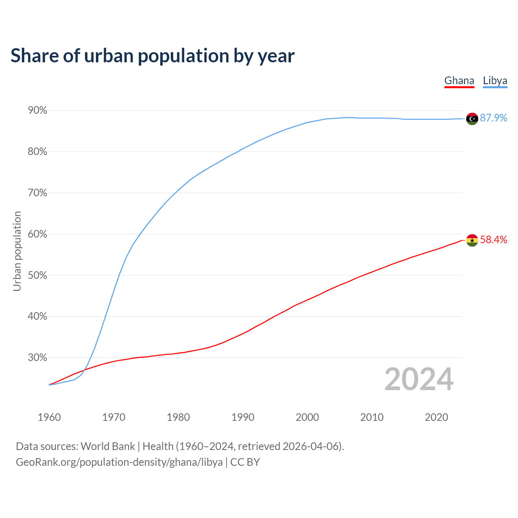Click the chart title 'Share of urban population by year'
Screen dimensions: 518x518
153,56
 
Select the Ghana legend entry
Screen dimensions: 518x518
459,81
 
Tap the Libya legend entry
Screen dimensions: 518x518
495,81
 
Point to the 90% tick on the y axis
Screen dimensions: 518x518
37,110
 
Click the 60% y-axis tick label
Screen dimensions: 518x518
37,234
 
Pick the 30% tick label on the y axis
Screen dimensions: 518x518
37,358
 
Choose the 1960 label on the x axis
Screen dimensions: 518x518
49,417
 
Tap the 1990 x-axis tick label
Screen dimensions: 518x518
243,417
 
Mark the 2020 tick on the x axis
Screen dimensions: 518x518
436,417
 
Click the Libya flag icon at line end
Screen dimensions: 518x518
472,119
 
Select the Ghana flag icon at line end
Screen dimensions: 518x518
472,240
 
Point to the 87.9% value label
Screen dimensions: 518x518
494,118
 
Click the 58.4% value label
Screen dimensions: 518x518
494,240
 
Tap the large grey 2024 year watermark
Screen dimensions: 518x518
419,379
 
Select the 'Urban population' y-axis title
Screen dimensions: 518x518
17,251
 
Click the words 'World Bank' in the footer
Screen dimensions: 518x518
108,446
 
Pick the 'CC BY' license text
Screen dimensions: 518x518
245,462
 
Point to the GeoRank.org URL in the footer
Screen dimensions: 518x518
119,462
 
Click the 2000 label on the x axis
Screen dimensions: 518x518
307,417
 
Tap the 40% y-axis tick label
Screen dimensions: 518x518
37,316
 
